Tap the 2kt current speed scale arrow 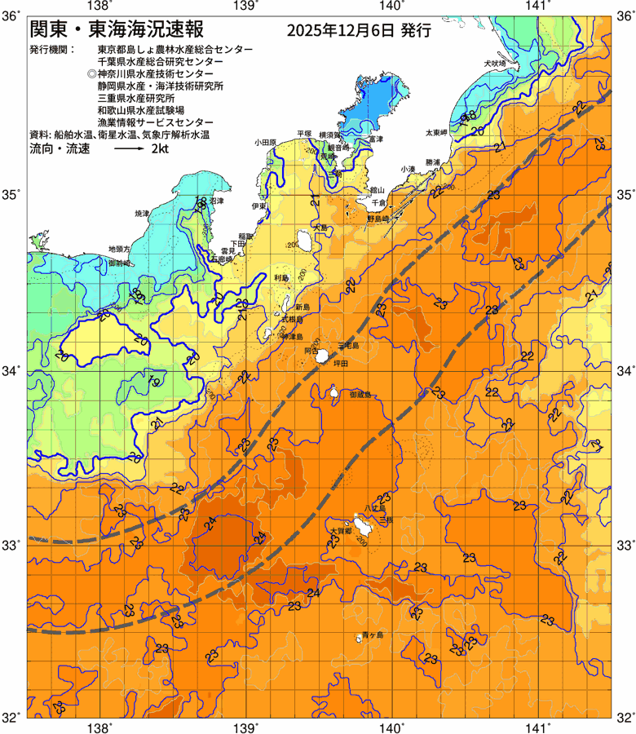coord(129,150)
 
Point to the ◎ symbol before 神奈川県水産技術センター coord(91,73)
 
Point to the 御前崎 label coord(119,263)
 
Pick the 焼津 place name coord(142,213)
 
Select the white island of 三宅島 coord(322,356)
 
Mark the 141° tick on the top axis coord(537,7)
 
